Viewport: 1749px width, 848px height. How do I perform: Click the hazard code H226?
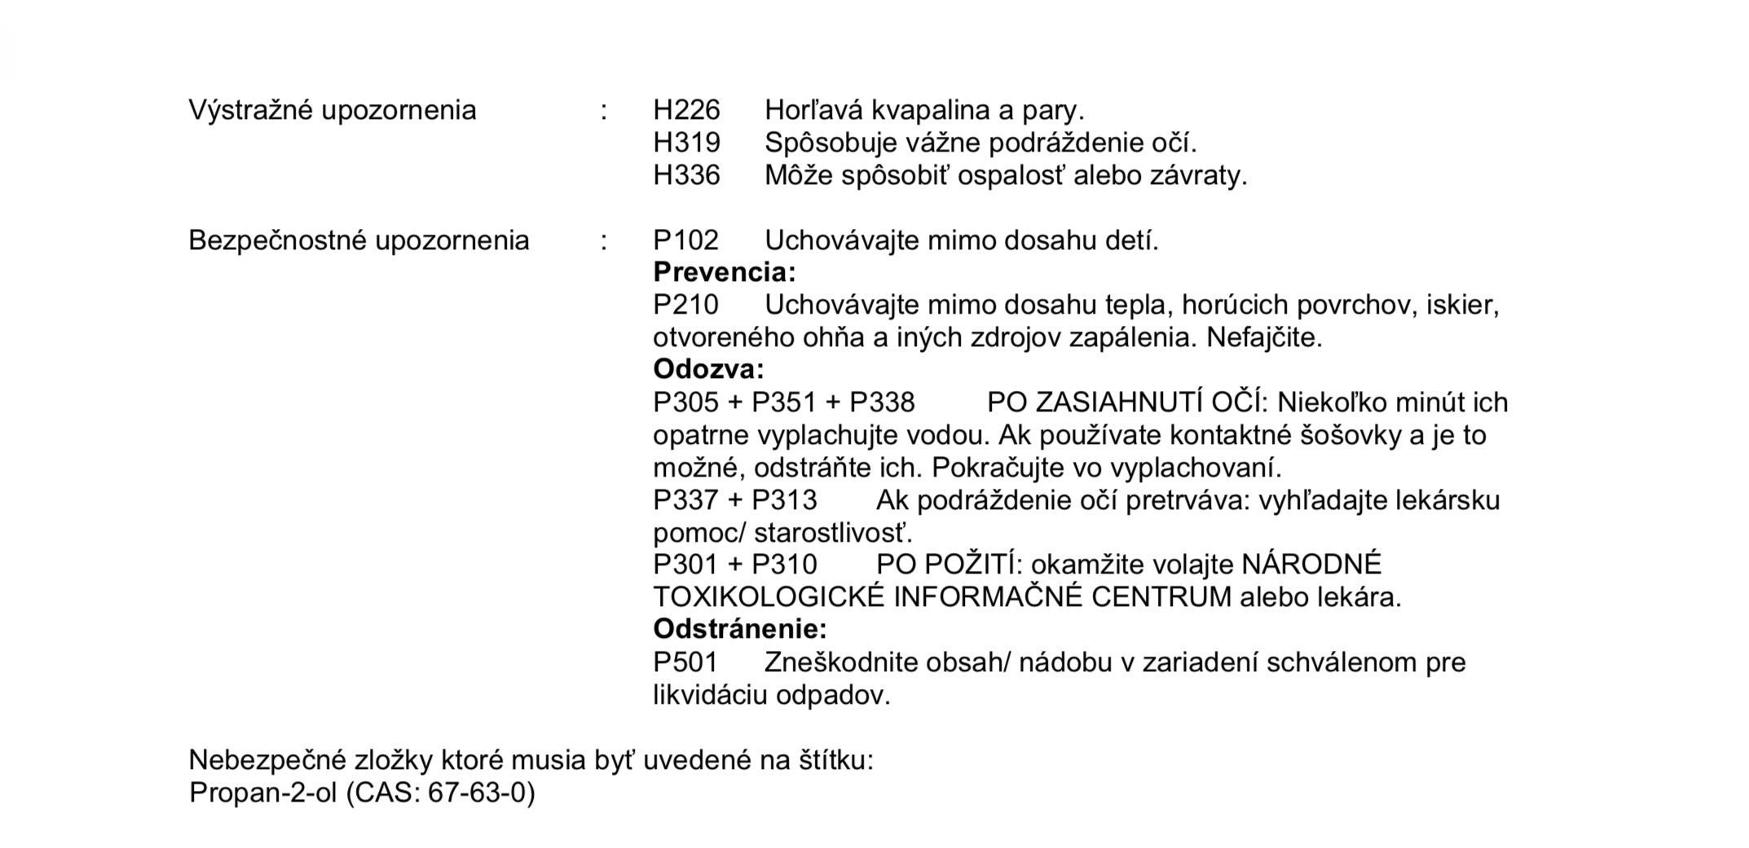coord(686,110)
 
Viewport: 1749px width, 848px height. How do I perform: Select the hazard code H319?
coord(686,143)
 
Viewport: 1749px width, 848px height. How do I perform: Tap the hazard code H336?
coord(686,175)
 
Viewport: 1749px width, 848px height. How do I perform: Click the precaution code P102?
coord(685,240)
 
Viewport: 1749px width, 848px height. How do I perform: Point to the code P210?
coord(685,305)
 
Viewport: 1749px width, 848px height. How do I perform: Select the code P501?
coord(685,662)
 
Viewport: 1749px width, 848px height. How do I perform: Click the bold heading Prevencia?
coord(724,272)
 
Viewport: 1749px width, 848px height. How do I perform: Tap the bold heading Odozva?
coord(708,369)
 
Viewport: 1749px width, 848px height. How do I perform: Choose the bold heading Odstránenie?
coord(739,629)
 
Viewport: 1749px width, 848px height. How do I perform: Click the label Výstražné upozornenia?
coord(332,110)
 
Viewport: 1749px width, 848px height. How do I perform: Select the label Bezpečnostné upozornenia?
coord(359,240)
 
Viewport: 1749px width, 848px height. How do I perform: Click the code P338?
coord(882,402)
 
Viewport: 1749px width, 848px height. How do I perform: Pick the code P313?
coord(784,499)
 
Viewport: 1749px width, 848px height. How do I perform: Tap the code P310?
coord(784,565)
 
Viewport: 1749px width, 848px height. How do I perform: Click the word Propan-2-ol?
coord(262,793)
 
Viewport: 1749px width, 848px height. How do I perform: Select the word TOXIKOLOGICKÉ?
coord(768,597)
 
